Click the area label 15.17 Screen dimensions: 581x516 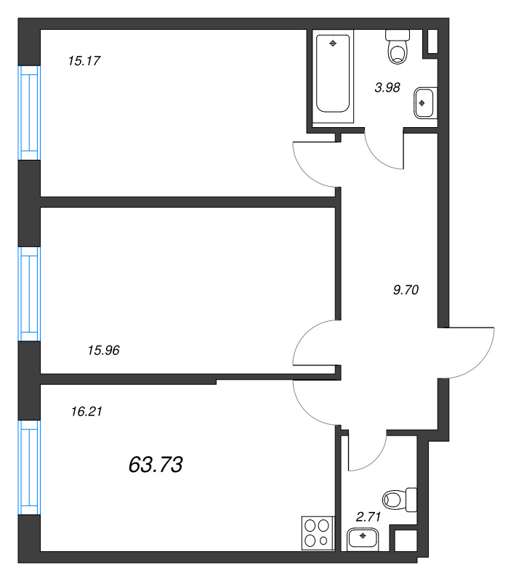[83, 61]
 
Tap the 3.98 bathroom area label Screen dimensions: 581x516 [387, 88]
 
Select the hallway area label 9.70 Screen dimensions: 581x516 [406, 289]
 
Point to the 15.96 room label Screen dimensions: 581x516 [102, 350]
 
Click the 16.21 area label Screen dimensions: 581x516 [86, 412]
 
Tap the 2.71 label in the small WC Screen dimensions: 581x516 [368, 517]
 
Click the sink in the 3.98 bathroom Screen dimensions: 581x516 [424, 102]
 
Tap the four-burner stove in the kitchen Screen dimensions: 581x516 [317, 532]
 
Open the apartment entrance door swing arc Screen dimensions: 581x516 [470, 352]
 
